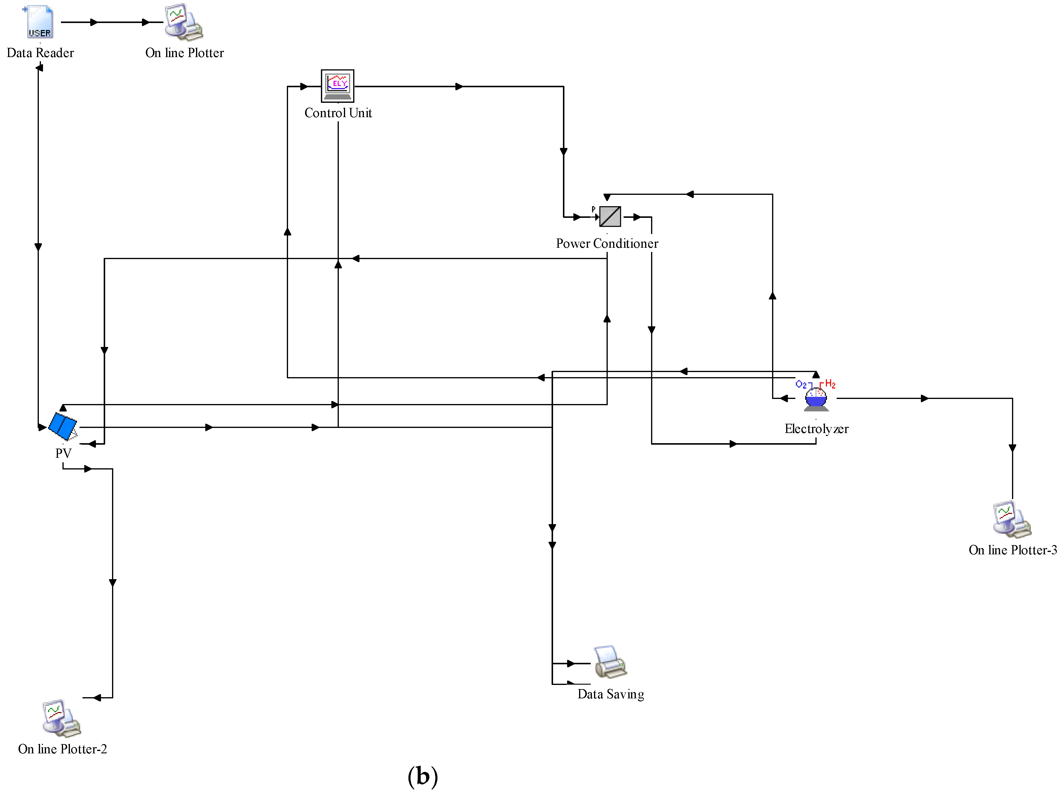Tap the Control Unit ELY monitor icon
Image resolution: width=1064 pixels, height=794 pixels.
pyautogui.click(x=337, y=85)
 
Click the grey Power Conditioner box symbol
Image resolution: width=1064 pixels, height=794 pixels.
pyautogui.click(x=610, y=217)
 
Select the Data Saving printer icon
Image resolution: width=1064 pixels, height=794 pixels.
pyautogui.click(x=610, y=662)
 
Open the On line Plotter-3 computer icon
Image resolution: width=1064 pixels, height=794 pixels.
pyautogui.click(x=1012, y=520)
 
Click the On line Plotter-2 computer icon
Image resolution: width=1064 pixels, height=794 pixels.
pyautogui.click(x=61, y=718)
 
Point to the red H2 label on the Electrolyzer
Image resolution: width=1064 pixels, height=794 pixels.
pyautogui.click(x=830, y=384)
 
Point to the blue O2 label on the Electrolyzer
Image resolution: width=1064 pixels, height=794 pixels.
pyautogui.click(x=801, y=385)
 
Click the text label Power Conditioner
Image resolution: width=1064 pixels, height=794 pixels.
pyautogui.click(x=607, y=244)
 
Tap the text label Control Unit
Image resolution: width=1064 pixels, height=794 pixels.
pyautogui.click(x=338, y=113)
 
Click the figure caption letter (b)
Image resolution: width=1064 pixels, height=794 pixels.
pyautogui.click(x=422, y=776)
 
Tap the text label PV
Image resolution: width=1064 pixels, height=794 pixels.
pyautogui.click(x=63, y=453)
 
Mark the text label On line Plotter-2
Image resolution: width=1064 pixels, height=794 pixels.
pyautogui.click(x=62, y=749)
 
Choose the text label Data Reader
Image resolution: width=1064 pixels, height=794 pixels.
pyautogui.click(x=40, y=53)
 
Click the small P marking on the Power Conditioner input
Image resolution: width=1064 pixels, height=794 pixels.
pyautogui.click(x=593, y=209)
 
